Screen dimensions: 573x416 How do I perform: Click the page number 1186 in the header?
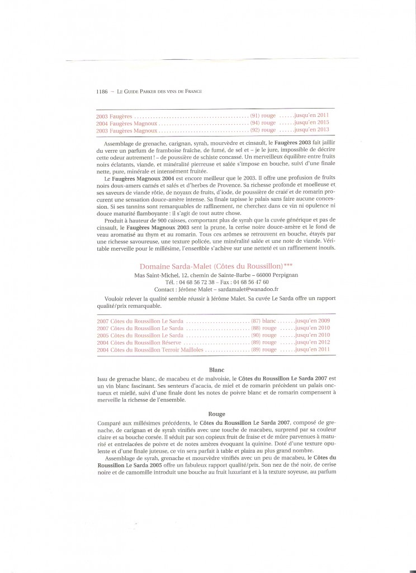[102, 91]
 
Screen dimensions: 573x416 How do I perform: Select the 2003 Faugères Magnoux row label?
[126, 130]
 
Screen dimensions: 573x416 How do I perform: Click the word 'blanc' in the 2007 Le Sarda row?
[270, 322]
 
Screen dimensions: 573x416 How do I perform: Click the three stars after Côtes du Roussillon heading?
[284, 265]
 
